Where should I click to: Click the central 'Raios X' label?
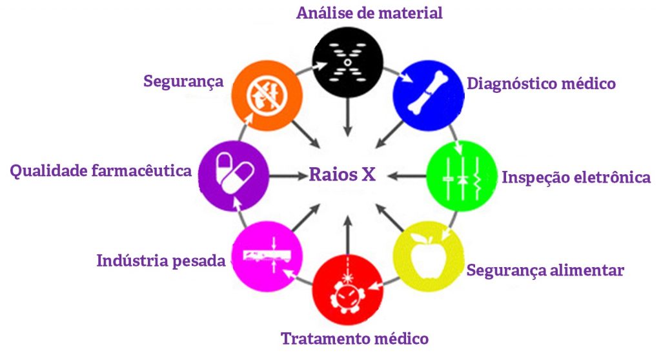(342, 175)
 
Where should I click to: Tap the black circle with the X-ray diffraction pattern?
(347, 63)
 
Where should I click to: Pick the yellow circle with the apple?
(427, 255)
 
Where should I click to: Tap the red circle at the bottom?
(347, 288)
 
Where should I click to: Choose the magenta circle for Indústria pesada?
(266, 255)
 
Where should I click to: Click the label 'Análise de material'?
(369, 13)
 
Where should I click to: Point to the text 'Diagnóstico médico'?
(541, 84)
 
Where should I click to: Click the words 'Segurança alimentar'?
(545, 270)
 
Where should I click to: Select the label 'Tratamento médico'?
(354, 338)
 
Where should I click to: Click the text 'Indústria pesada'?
(161, 261)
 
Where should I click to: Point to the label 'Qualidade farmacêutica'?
(101, 171)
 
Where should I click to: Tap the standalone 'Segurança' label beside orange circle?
(183, 81)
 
